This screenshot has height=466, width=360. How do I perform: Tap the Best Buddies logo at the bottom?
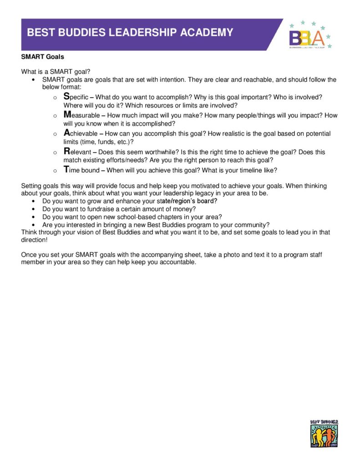[324, 434]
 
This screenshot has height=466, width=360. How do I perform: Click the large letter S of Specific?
[66, 96]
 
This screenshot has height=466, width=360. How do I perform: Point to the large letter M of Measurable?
[67, 115]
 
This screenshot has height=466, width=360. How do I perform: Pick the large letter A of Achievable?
[67, 133]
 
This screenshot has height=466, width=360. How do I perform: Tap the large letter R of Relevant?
[67, 151]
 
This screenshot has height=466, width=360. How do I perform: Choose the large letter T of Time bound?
[66, 170]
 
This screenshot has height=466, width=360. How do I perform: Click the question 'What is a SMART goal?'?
[56, 71]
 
